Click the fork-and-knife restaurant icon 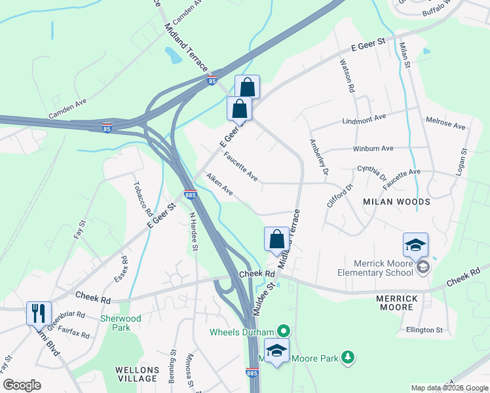38,313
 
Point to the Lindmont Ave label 364,119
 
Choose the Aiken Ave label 219,184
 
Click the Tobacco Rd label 143,199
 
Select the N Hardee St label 193,231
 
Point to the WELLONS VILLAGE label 137,374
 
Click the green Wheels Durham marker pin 283,331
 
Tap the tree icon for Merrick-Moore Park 350,356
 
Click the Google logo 22,385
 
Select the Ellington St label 424,329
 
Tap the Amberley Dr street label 318,158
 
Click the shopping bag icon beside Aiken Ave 276,239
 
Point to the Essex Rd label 121,269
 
